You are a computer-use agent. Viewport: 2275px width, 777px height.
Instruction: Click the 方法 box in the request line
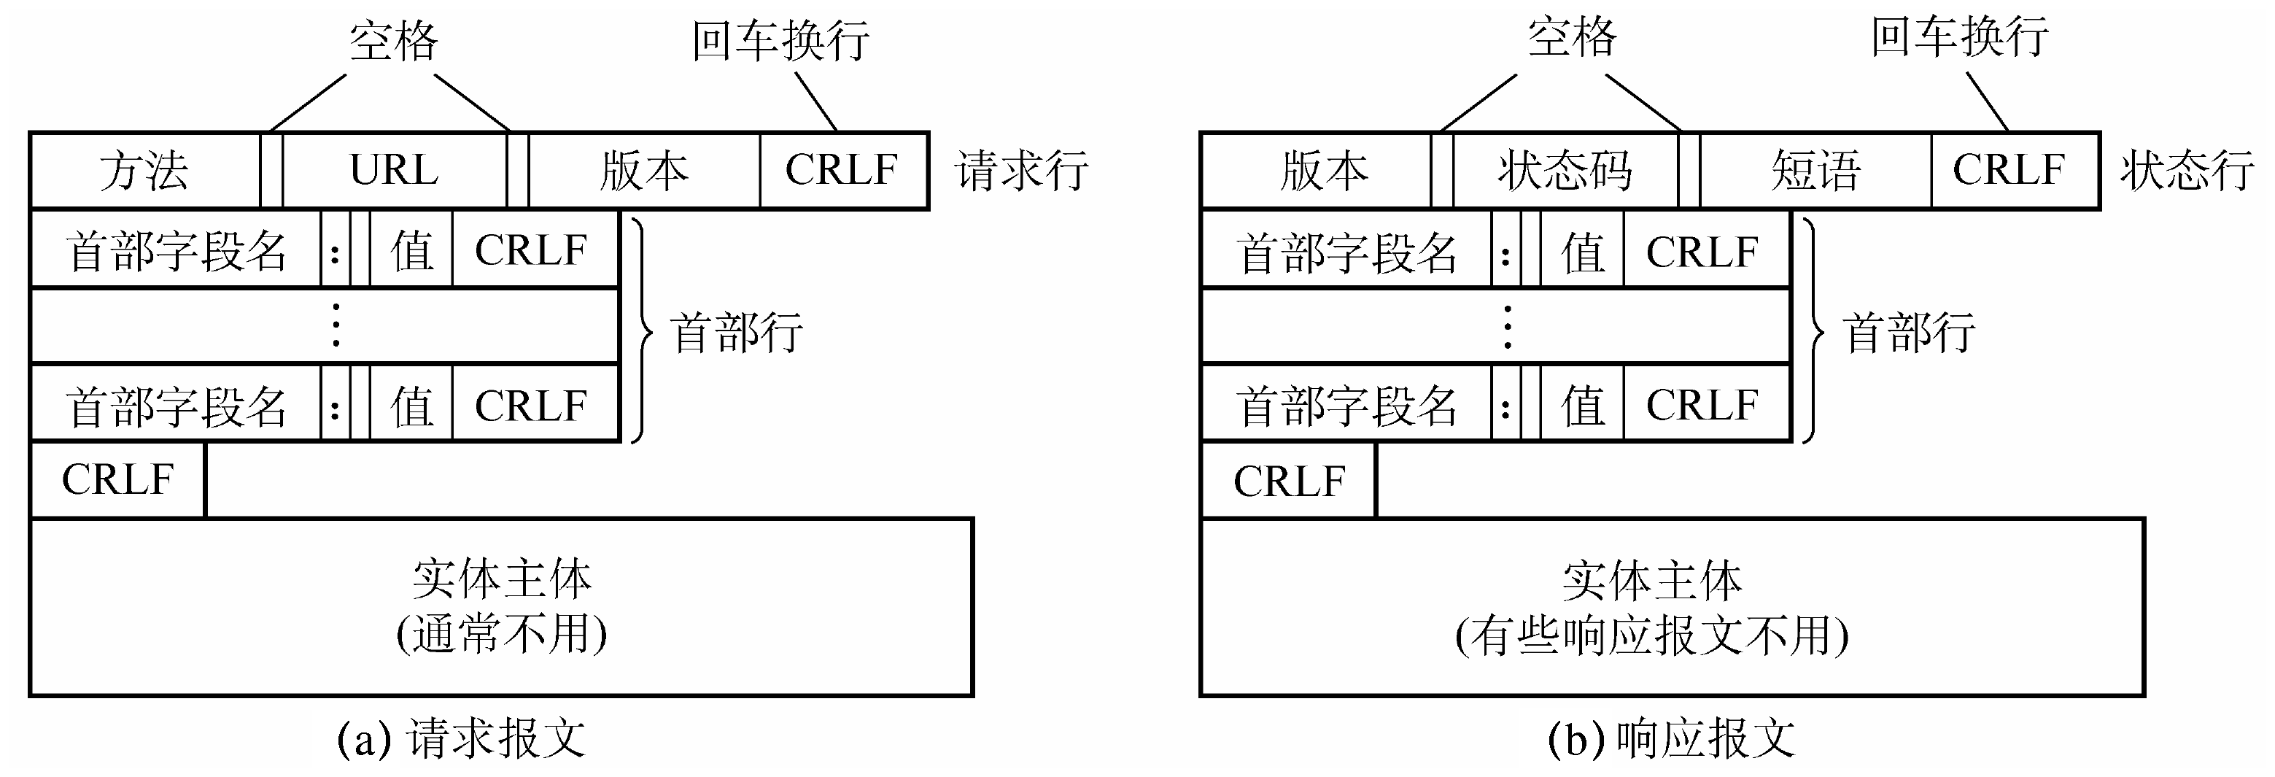coord(145,171)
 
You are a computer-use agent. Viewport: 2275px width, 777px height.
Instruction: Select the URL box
coord(394,171)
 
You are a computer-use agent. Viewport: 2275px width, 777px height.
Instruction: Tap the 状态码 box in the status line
coord(1565,171)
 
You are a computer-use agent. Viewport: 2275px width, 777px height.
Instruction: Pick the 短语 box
coord(1815,171)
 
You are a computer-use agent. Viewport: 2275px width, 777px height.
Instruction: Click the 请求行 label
coord(1021,171)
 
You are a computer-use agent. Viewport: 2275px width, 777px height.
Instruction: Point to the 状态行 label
coord(2187,171)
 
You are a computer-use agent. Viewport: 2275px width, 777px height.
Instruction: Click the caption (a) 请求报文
coord(461,738)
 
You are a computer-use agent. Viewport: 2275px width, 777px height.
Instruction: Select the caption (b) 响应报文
coord(1671,738)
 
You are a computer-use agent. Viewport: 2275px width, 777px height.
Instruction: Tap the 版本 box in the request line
coord(644,171)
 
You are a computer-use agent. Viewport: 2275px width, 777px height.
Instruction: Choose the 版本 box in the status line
coord(1323,171)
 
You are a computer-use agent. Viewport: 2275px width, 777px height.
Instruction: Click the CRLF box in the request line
coord(842,171)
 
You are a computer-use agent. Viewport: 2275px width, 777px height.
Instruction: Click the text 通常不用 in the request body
coord(502,634)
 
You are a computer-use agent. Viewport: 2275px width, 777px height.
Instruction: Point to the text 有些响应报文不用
coord(1651,635)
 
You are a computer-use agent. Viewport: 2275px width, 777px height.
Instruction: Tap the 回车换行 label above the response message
coord(1960,38)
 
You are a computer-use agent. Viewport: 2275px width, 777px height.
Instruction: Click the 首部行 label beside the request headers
coord(737,333)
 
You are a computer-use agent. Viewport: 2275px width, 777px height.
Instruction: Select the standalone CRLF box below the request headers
coord(117,479)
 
